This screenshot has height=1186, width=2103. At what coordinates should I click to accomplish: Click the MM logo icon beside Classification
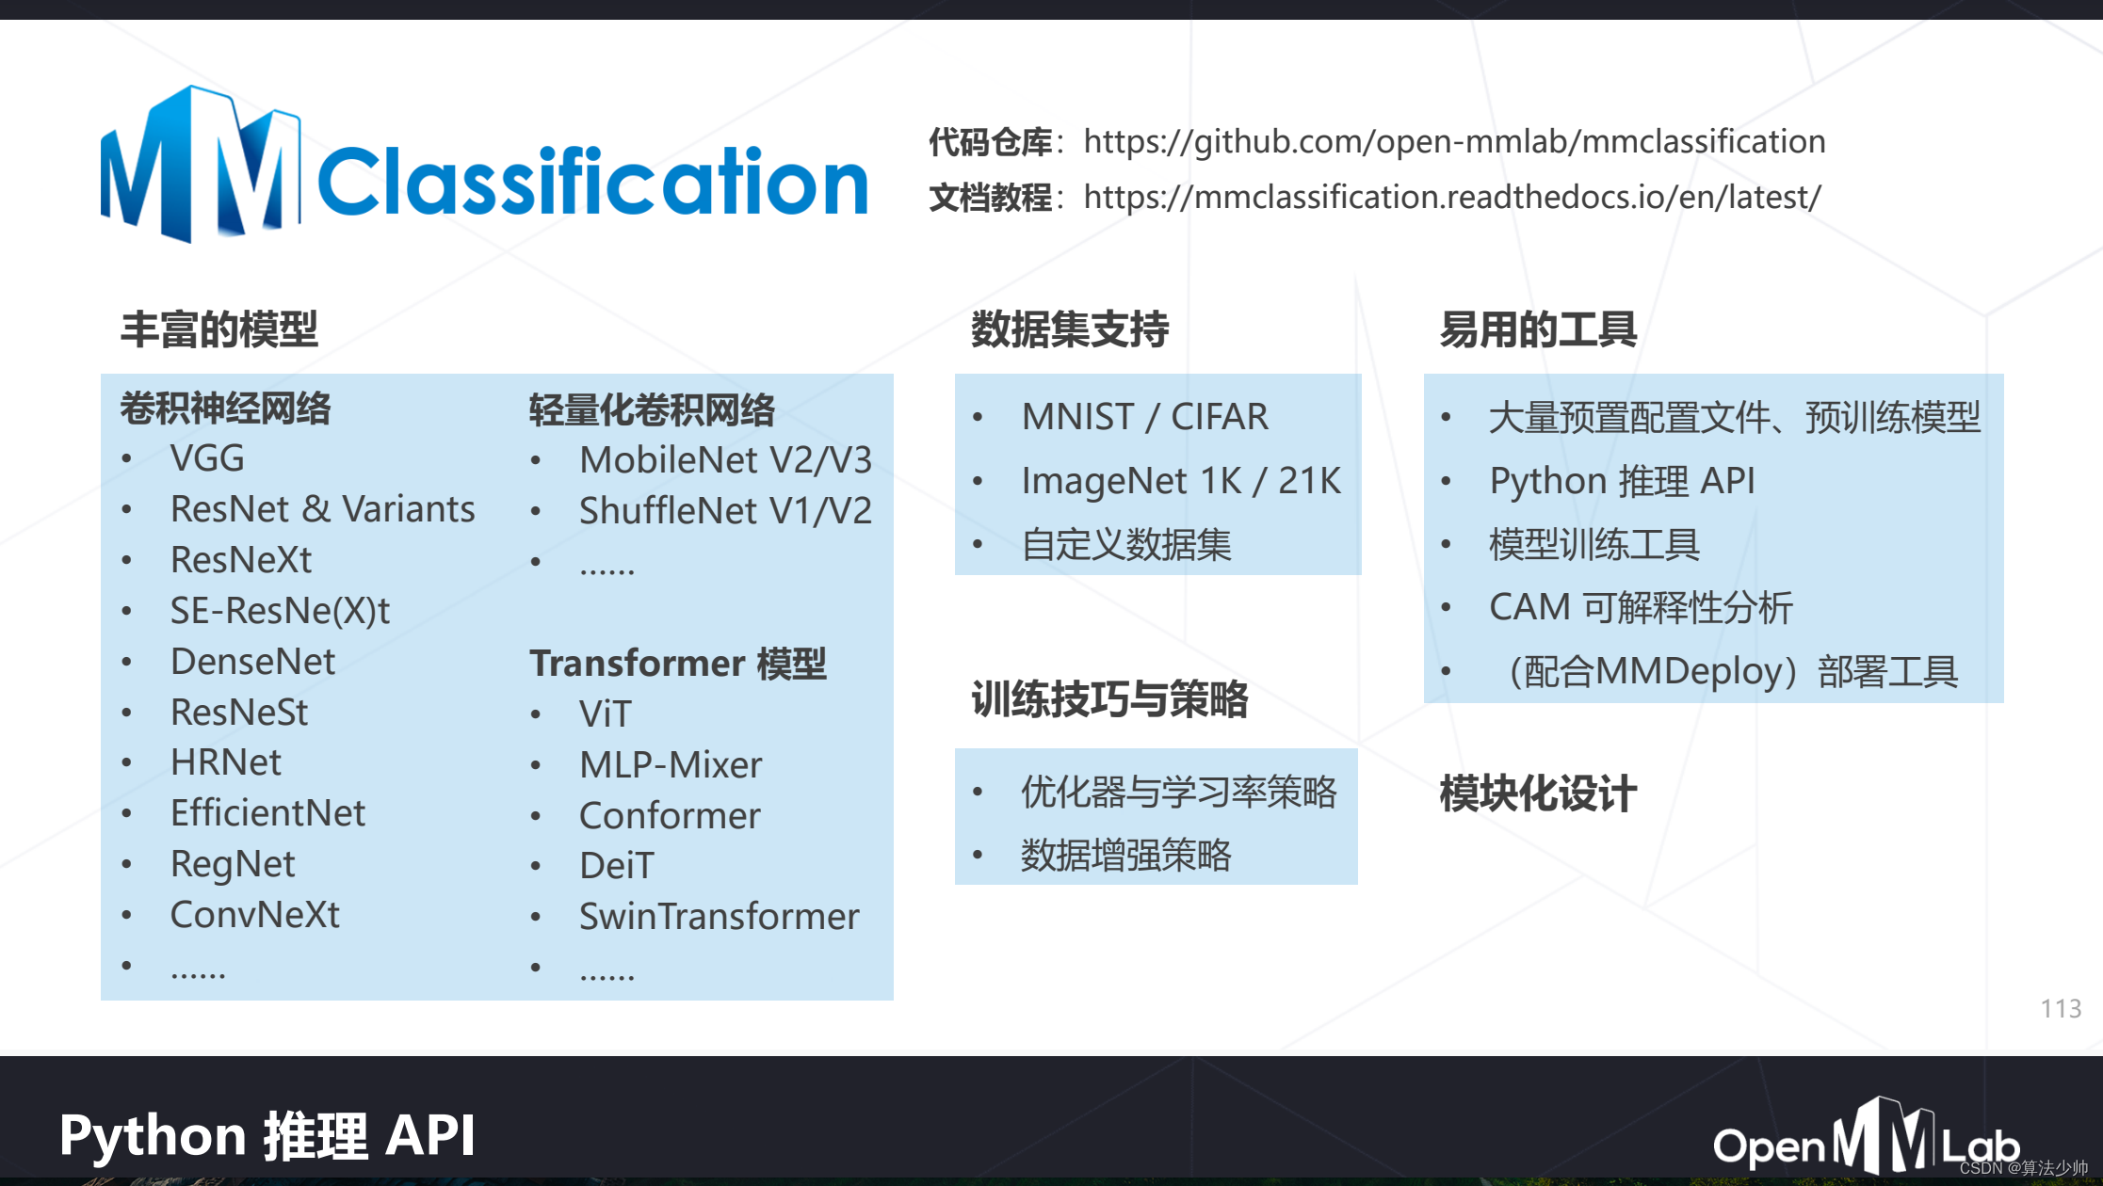[200, 165]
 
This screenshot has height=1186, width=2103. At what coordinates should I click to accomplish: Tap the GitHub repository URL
[1454, 141]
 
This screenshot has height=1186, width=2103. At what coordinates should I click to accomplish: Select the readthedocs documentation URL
[1451, 197]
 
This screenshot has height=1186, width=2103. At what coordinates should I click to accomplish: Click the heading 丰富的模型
[219, 329]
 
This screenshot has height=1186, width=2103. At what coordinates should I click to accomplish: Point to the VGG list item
[207, 458]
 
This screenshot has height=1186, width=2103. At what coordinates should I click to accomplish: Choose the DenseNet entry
[252, 662]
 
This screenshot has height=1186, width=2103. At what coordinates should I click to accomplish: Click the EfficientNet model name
[267, 813]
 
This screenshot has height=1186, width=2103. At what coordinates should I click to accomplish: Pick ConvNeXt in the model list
[254, 915]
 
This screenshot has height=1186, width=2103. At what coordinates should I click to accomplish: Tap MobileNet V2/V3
[725, 460]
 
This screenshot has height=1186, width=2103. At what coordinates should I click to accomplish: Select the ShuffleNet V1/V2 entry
[725, 511]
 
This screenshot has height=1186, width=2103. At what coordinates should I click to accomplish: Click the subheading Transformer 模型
[677, 664]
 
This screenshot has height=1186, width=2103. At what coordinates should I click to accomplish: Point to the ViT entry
[605, 714]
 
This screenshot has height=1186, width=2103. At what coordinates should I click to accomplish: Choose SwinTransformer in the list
[719, 917]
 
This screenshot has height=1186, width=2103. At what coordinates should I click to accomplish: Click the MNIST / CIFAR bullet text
[1144, 417]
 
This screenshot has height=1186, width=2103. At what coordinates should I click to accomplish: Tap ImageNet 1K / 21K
[1180, 481]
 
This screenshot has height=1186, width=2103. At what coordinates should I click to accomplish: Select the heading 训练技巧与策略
[1109, 699]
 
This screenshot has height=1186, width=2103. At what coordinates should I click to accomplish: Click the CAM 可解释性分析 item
[1640, 608]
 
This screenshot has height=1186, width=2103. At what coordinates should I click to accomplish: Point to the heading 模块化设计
[1538, 793]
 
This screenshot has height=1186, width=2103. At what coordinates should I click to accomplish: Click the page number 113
[2061, 1009]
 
